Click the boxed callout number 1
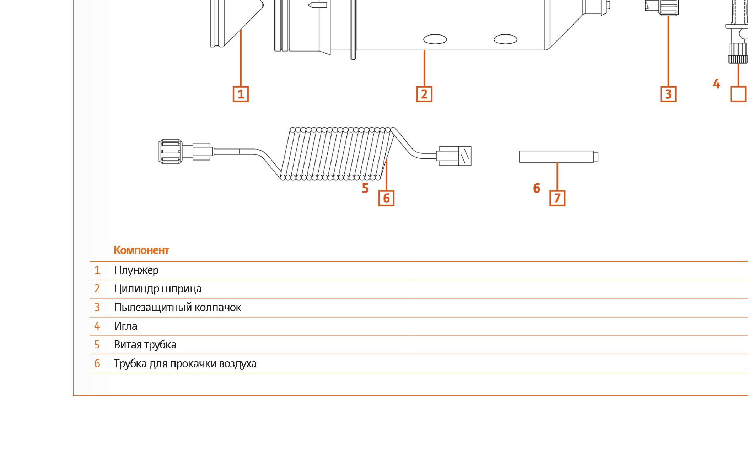click(x=241, y=94)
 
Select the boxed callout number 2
click(x=424, y=94)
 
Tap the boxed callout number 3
click(x=668, y=94)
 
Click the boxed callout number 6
click(x=386, y=198)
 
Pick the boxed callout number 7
click(x=557, y=198)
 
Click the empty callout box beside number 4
click(x=738, y=94)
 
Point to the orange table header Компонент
click(x=141, y=250)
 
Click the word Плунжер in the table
click(x=136, y=270)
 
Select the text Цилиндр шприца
click(x=158, y=289)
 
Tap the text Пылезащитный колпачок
click(x=178, y=307)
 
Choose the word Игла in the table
click(x=125, y=326)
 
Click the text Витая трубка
click(x=145, y=345)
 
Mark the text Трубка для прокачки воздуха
click(x=185, y=363)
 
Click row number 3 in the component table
click(x=97, y=307)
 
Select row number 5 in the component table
click(x=97, y=345)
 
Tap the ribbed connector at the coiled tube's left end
click(x=171, y=151)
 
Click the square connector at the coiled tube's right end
click(x=454, y=156)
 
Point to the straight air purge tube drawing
click(x=559, y=157)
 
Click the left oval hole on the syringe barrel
click(x=435, y=39)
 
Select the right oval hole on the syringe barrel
click(x=505, y=39)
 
